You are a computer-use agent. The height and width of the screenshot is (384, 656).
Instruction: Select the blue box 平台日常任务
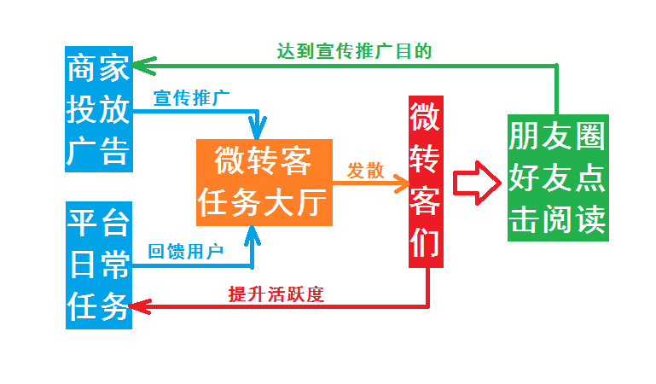click(99, 265)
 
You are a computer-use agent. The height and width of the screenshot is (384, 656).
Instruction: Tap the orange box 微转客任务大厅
click(263, 182)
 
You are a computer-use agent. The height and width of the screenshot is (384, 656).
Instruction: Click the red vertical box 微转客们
click(427, 181)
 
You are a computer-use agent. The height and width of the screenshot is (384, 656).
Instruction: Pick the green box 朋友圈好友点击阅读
click(558, 177)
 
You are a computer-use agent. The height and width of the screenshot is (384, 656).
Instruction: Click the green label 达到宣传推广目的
click(353, 51)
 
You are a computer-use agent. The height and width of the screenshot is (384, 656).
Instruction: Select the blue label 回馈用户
click(185, 251)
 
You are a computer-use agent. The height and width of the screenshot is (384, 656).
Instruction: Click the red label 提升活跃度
click(276, 294)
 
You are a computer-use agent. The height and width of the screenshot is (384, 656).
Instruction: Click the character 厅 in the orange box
click(312, 203)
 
